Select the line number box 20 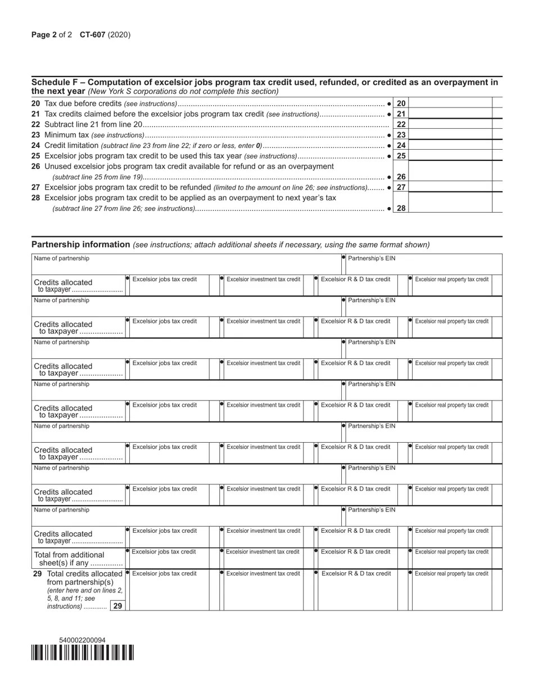tap(401, 104)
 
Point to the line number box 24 tap(401, 146)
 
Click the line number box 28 tap(401, 208)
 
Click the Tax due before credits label tap(83, 104)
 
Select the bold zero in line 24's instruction tap(258, 146)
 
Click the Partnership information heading tap(81, 244)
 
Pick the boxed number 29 tap(117, 606)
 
